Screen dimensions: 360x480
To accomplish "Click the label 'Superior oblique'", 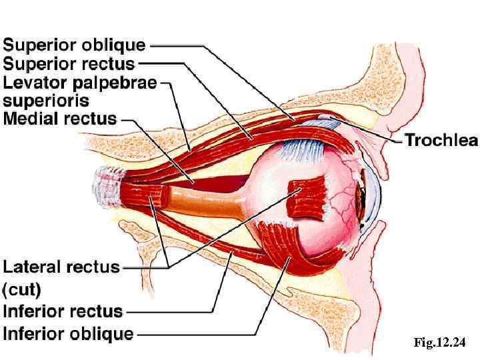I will [x=74, y=45].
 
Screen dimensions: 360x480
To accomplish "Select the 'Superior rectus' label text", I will [x=69, y=65].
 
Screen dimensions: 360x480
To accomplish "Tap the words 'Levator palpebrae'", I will [x=80, y=83].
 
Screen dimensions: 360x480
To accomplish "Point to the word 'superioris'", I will [x=47, y=101].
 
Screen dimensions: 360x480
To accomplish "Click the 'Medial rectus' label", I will [x=60, y=120].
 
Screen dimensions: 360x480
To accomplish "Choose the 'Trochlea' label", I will [x=441, y=140].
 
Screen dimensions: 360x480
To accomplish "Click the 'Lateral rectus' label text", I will [x=61, y=267].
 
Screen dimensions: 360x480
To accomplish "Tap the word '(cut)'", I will [x=22, y=289].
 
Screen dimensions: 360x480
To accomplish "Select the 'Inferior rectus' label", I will [x=63, y=311].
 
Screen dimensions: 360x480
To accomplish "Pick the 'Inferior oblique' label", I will [x=68, y=333].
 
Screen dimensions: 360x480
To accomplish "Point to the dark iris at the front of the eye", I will [x=363, y=193].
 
